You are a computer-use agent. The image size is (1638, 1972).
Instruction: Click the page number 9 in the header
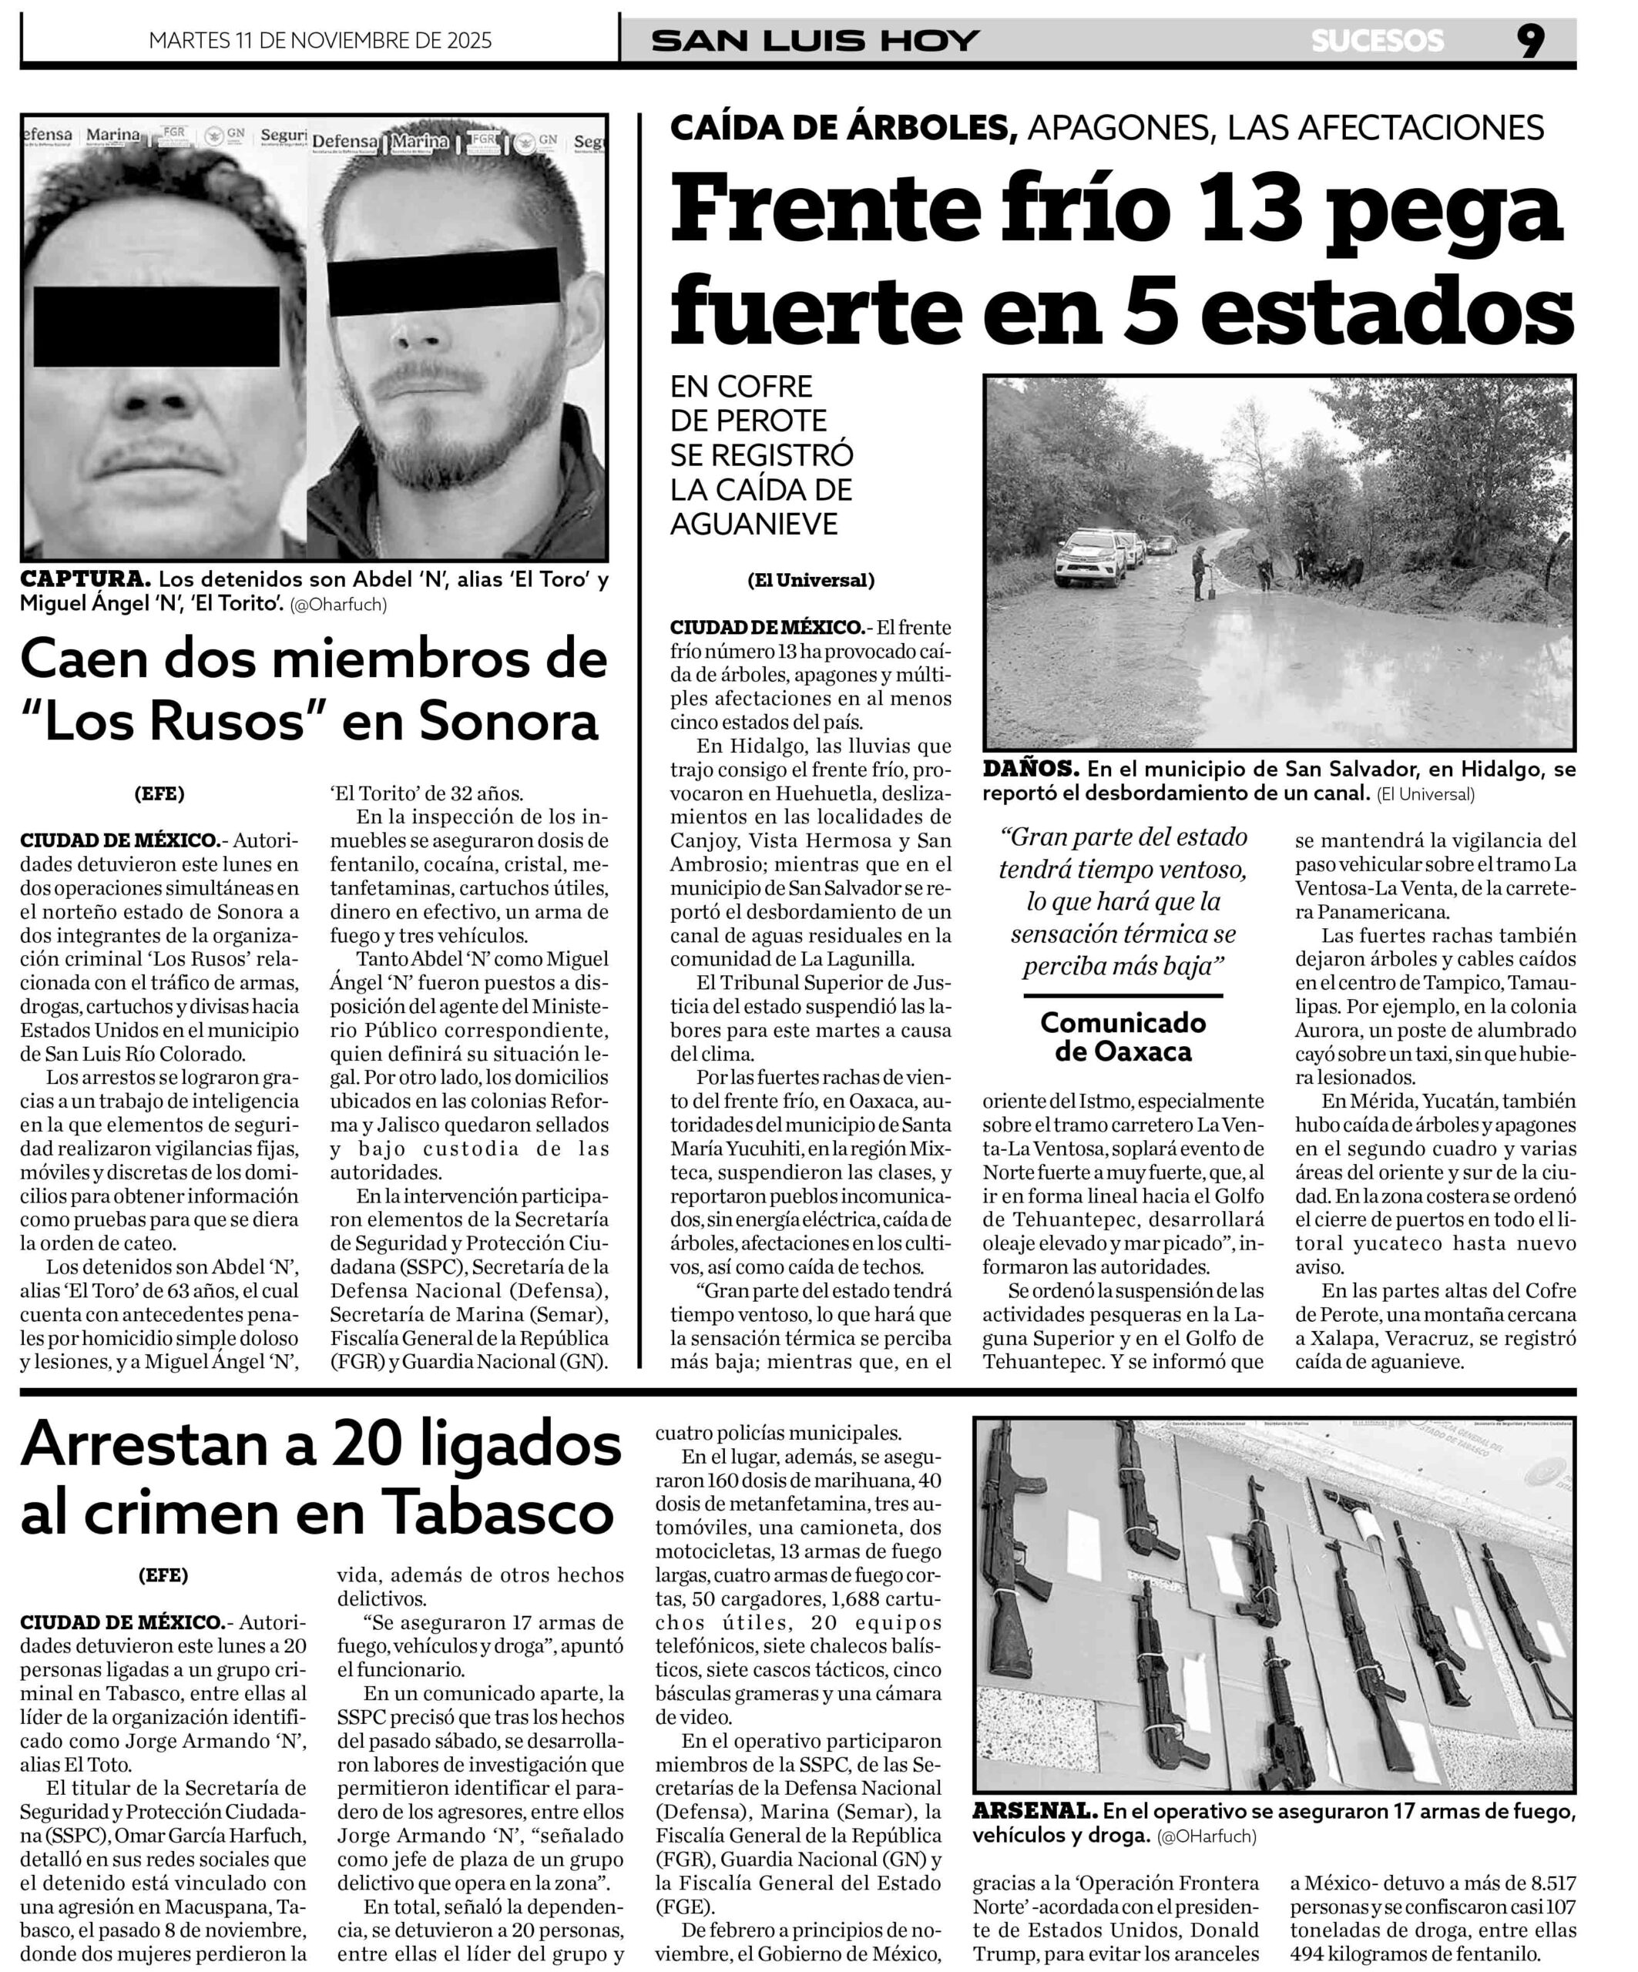click(x=1530, y=40)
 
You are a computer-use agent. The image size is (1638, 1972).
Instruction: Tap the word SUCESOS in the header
click(x=1377, y=40)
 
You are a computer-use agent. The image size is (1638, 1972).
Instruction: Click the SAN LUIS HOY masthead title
click(x=815, y=40)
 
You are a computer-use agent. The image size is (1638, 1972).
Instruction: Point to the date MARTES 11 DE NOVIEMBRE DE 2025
click(x=321, y=40)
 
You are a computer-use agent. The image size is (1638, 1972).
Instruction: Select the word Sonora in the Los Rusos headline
click(x=508, y=720)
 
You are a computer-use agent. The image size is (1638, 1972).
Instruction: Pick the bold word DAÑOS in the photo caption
click(x=1030, y=769)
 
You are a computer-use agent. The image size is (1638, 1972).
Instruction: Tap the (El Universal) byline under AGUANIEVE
click(x=811, y=580)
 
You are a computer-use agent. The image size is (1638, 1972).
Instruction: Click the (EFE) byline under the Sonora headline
click(x=159, y=793)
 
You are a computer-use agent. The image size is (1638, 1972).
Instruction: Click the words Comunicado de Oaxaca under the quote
click(x=1123, y=1036)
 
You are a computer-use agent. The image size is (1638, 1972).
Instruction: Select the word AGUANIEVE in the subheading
click(x=754, y=523)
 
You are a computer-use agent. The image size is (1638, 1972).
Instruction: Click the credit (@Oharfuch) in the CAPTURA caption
click(x=338, y=605)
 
